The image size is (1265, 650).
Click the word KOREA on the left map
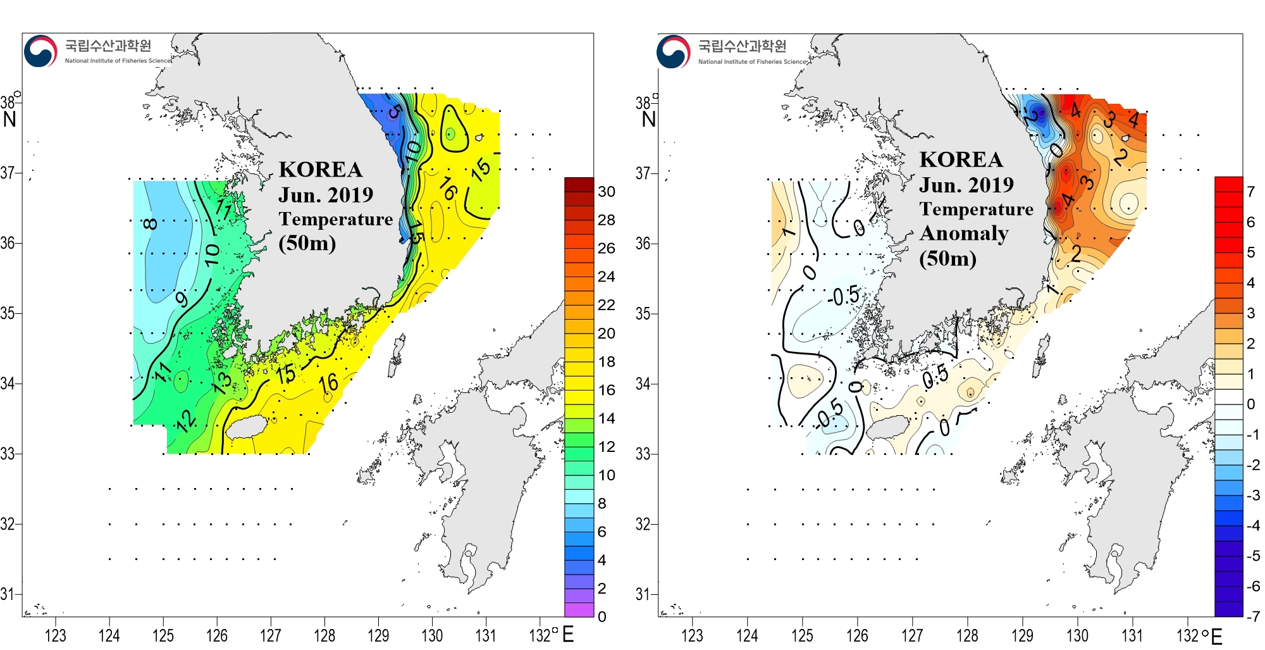321,170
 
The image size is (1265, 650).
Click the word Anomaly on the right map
964,234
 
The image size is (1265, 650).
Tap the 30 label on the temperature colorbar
606,191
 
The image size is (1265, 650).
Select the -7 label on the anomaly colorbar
1252,616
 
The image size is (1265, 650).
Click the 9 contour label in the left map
182,298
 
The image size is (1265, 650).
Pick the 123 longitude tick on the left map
56,635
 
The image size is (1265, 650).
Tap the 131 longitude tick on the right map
1132,635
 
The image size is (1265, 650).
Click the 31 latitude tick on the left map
8,594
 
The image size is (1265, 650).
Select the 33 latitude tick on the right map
643,454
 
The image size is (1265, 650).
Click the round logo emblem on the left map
40,51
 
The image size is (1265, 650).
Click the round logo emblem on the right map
673,51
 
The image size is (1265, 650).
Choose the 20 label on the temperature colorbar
606,333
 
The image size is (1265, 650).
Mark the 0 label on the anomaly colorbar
1250,404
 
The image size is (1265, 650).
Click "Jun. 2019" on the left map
326,194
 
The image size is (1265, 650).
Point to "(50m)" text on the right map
947,258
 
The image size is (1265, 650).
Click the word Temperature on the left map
336,219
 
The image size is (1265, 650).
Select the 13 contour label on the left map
222,382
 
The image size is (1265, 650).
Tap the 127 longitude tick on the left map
271,635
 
